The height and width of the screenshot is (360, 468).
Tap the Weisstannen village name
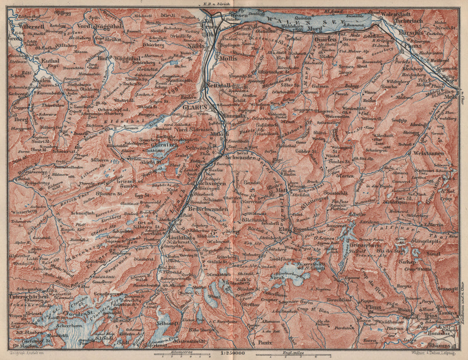point(427,153)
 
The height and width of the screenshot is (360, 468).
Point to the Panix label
point(265,343)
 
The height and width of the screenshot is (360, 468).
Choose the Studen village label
point(43,81)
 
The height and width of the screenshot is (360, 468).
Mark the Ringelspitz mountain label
point(416,242)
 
